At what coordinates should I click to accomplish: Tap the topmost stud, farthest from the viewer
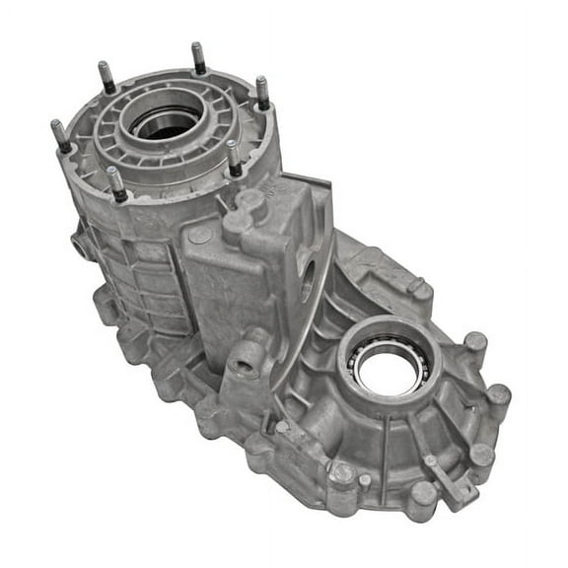click(198, 57)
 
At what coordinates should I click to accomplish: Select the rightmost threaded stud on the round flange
click(261, 92)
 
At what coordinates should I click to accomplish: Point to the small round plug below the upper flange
click(200, 235)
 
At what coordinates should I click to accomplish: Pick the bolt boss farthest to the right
click(498, 394)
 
